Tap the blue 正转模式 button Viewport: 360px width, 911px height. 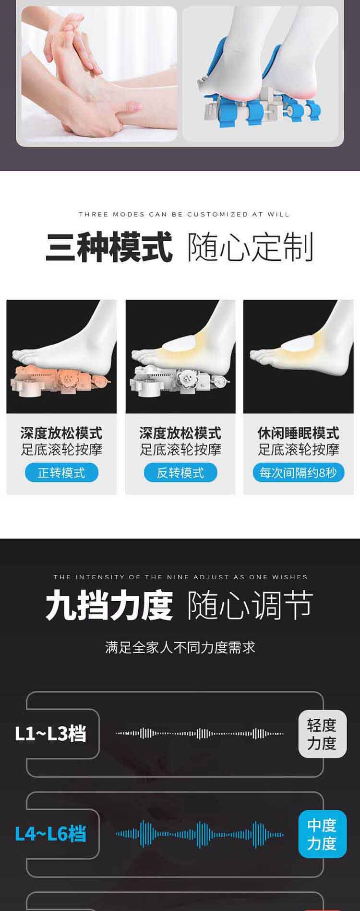point(61,473)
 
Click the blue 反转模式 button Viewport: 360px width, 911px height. point(180,473)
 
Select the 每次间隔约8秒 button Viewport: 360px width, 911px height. point(299,473)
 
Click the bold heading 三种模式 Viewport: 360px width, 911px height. point(109,247)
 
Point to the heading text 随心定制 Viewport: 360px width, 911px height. point(250,247)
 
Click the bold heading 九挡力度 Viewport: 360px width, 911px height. point(109,606)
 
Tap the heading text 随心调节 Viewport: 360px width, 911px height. point(250,606)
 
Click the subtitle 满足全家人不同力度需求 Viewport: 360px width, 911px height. point(180,647)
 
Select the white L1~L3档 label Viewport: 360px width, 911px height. point(50,734)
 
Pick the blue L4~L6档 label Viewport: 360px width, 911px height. point(50,834)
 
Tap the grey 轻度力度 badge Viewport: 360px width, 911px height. point(322,734)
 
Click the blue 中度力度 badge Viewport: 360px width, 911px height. point(322,834)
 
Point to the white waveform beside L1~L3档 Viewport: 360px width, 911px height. point(199,734)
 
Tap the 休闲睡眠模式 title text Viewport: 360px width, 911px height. point(299,433)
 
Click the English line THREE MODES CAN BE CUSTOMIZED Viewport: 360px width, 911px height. point(184,214)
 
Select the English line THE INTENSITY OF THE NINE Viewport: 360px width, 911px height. point(180,577)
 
